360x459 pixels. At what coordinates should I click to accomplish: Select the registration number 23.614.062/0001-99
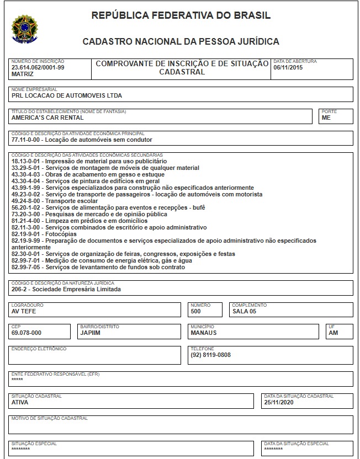coord(38,67)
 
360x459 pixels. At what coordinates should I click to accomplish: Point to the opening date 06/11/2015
coord(288,67)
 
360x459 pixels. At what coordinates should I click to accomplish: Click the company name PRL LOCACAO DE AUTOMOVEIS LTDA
coord(66,95)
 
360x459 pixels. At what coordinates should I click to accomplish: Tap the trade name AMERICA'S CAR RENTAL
coord(47,118)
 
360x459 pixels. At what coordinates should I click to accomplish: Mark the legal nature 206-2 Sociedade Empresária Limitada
coord(66,289)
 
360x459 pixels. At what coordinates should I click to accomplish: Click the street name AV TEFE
coord(24,311)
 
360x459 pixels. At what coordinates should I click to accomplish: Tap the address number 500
coord(195,311)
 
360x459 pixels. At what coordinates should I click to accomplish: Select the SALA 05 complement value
coord(245,311)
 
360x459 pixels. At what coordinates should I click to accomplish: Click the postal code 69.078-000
coord(26,333)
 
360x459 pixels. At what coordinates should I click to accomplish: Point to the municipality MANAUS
coord(203,333)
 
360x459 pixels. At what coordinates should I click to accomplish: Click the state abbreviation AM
coord(333,333)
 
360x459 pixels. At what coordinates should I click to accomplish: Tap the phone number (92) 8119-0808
coord(210,355)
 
